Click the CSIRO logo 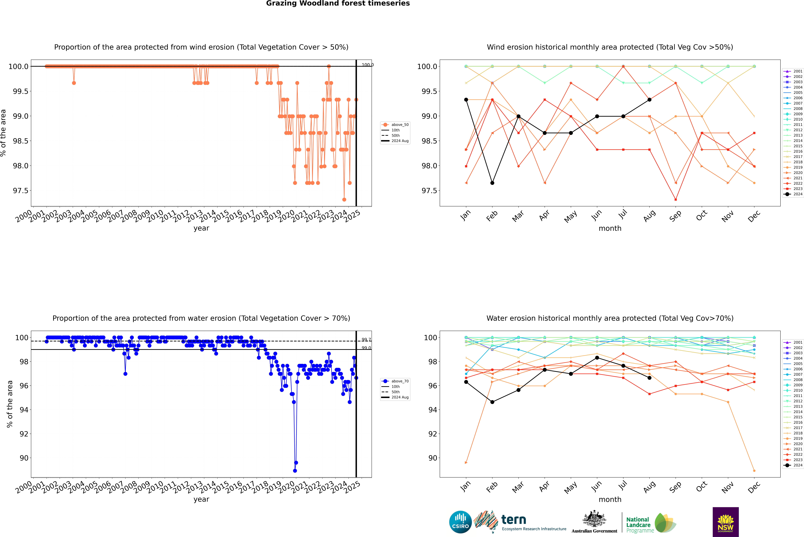pos(460,522)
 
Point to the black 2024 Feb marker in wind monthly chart pos(492,183)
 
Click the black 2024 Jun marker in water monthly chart pos(597,358)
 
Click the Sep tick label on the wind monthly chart pos(675,216)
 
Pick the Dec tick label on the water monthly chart pos(754,487)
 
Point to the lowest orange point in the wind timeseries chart pos(344,200)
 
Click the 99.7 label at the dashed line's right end pos(366,340)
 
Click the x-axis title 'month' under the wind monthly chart pos(610,228)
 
